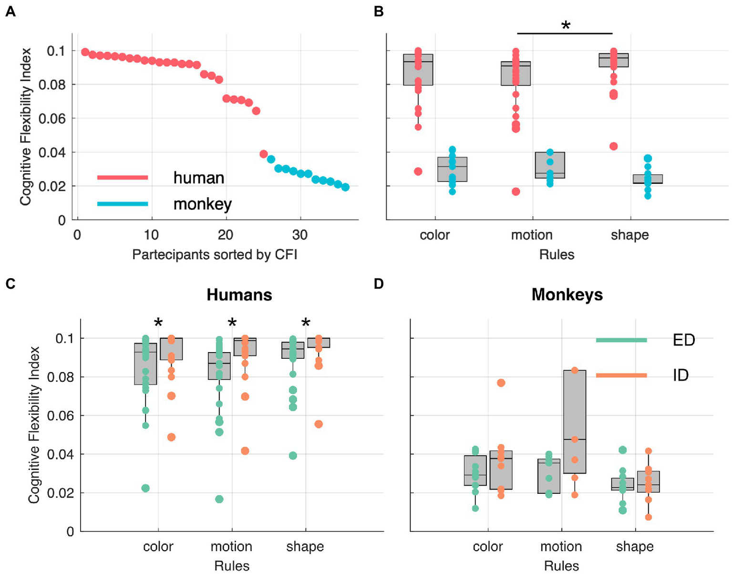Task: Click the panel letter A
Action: pyautogui.click(x=10, y=11)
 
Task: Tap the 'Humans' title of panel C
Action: pyautogui.click(x=239, y=294)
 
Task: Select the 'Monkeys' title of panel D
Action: pyautogui.click(x=567, y=294)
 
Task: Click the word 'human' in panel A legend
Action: pyautogui.click(x=198, y=178)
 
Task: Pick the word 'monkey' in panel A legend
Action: pyautogui.click(x=202, y=204)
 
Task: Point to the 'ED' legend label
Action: pyautogui.click(x=683, y=340)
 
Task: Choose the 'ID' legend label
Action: pyautogui.click(x=680, y=376)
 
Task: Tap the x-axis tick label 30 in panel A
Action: pyautogui.click(x=300, y=235)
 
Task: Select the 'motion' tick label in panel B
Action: pyautogui.click(x=532, y=235)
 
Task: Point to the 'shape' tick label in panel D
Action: pyautogui.click(x=634, y=546)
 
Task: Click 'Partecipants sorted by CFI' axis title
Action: pyautogui.click(x=215, y=254)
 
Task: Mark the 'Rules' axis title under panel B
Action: pyautogui.click(x=557, y=254)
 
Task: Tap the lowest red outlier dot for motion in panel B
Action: pyautogui.click(x=515, y=191)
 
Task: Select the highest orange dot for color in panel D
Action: pyautogui.click(x=501, y=383)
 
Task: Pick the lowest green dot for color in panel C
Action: pyautogui.click(x=145, y=488)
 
